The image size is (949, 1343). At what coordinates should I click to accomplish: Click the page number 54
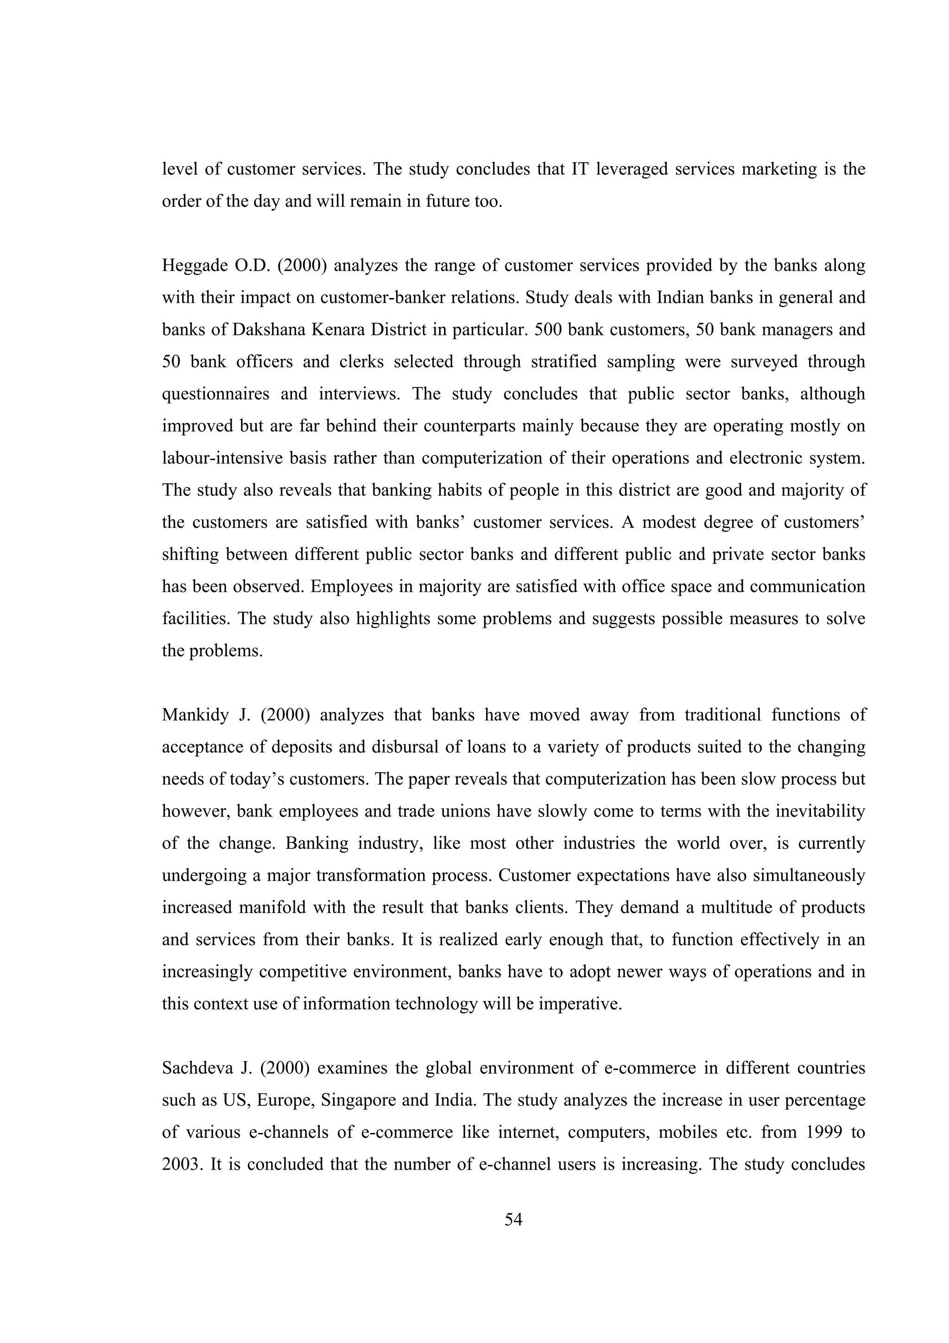click(x=513, y=1220)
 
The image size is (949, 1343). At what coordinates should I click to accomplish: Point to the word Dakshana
click(x=267, y=330)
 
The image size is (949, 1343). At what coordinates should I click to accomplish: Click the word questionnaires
click(x=215, y=394)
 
